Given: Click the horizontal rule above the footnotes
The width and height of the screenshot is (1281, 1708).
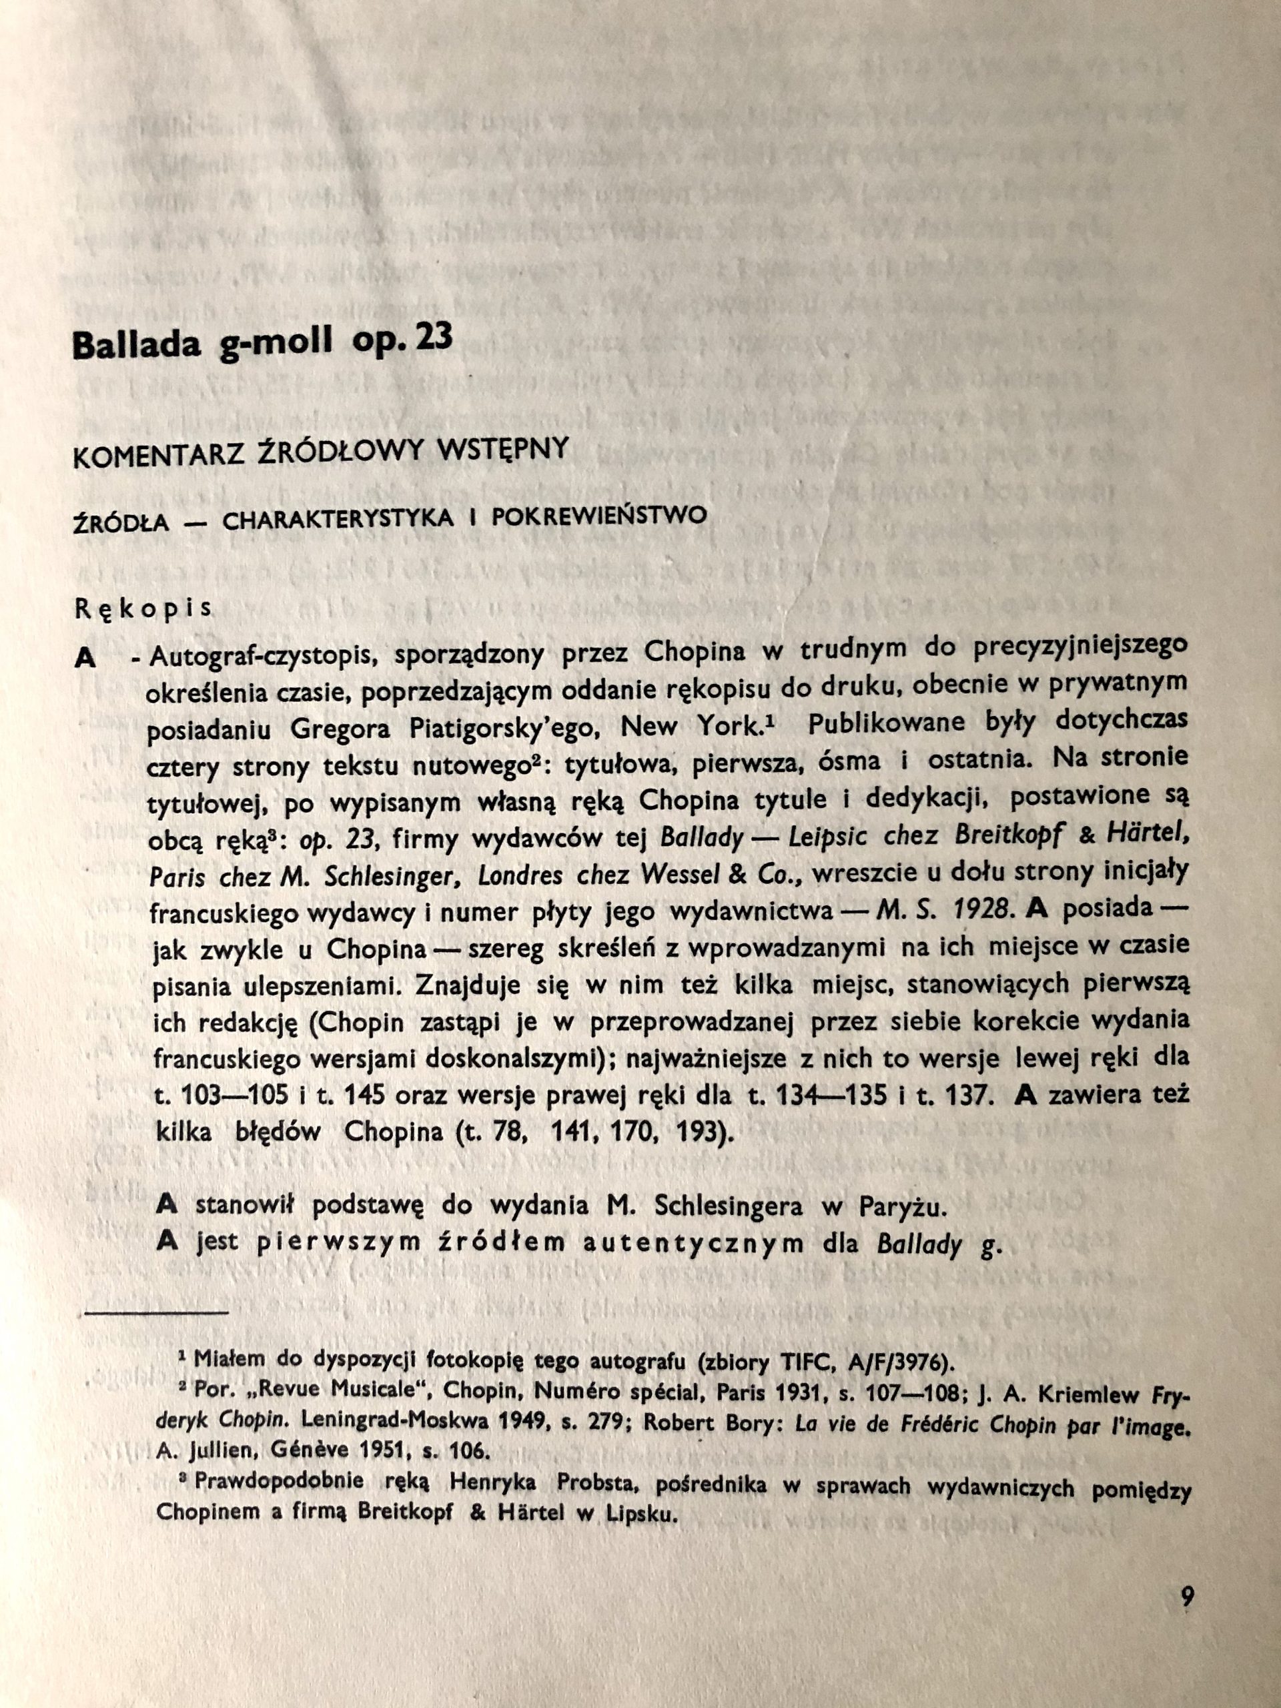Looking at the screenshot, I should [157, 1311].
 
